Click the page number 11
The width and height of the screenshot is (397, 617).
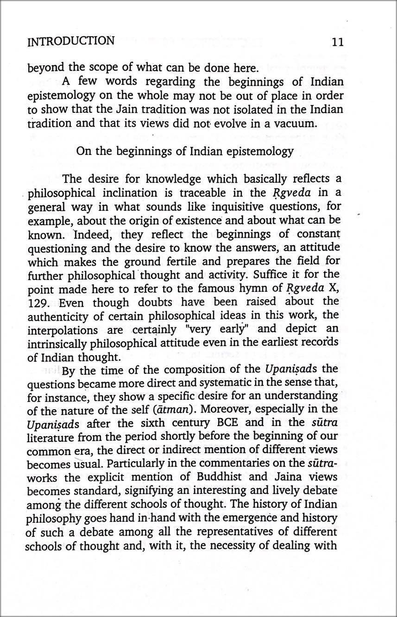point(338,42)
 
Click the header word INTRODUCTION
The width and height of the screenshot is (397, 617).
point(71,42)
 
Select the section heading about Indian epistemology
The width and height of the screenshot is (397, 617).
point(184,152)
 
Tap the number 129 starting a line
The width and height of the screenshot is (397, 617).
point(37,302)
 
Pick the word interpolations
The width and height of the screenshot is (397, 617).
point(63,330)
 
